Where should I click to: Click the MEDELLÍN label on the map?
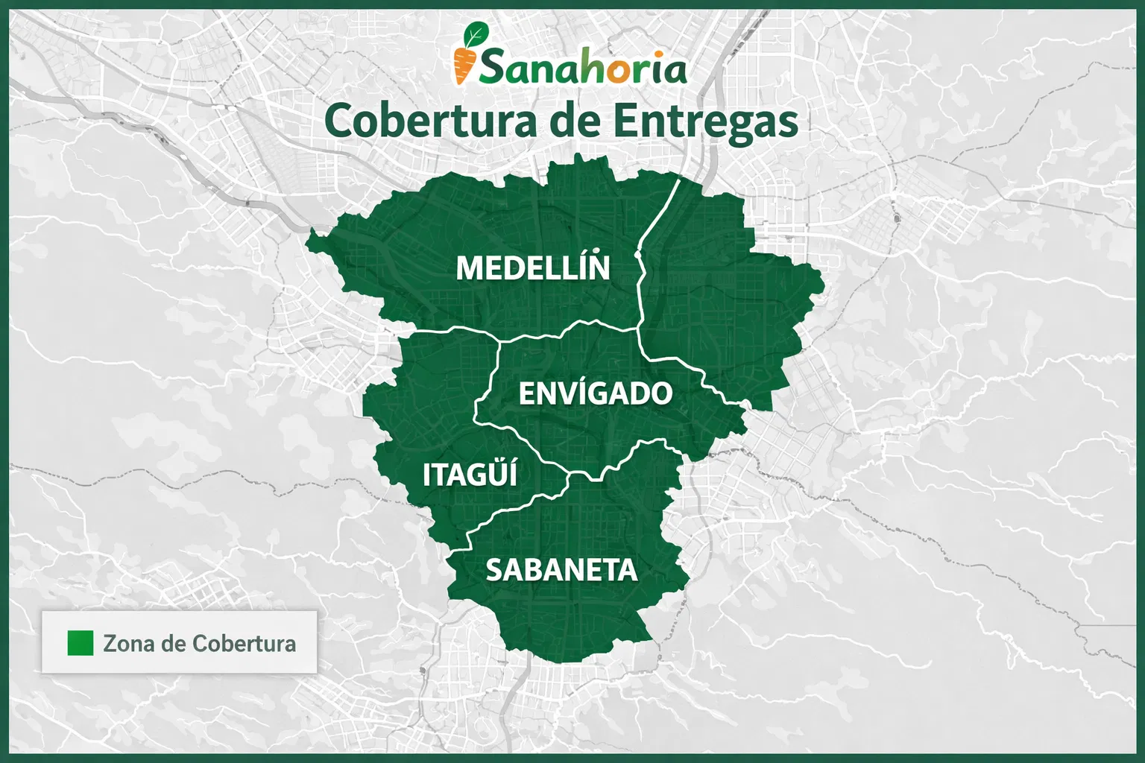[532, 267]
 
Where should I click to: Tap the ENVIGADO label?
[595, 393]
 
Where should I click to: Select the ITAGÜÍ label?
[470, 475]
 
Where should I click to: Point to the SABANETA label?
[561, 570]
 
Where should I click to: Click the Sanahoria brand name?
[582, 69]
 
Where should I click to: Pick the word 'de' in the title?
[572, 121]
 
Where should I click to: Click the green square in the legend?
[81, 643]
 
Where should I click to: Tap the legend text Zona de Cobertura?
[199, 643]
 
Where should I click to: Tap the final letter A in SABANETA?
[627, 570]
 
